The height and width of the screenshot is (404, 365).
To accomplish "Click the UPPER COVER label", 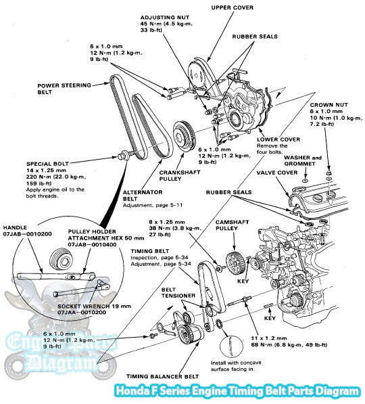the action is pos(232,7).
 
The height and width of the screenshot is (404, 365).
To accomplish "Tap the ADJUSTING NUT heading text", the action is pos(165,18).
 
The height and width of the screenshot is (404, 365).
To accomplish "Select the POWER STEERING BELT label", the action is pos(64,89).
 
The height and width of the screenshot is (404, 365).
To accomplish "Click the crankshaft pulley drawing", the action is pos(185,136).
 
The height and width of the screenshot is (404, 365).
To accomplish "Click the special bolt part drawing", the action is pos(125,156).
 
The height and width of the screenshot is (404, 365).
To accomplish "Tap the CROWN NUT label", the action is pos(328,105).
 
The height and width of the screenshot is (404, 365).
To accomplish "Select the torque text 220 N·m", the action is pos(38,177).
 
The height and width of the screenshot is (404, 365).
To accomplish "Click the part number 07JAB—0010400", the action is pos(92,244).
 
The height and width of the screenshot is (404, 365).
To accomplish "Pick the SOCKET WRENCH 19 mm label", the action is pos(94,307).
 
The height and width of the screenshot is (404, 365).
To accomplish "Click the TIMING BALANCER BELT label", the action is pos(162,376).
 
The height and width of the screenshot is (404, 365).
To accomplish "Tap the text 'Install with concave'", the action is pos(236,363).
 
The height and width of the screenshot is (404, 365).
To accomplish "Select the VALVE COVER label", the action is pos(277,173).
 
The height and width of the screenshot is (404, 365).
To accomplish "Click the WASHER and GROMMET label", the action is pos(303,160).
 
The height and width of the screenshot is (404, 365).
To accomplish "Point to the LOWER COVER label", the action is pos(278,139).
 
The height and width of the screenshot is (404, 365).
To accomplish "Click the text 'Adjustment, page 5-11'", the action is pos(153,205).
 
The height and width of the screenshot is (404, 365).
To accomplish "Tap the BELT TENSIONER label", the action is pos(178,292).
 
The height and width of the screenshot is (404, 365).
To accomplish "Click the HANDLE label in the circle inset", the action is pos(15,227).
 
